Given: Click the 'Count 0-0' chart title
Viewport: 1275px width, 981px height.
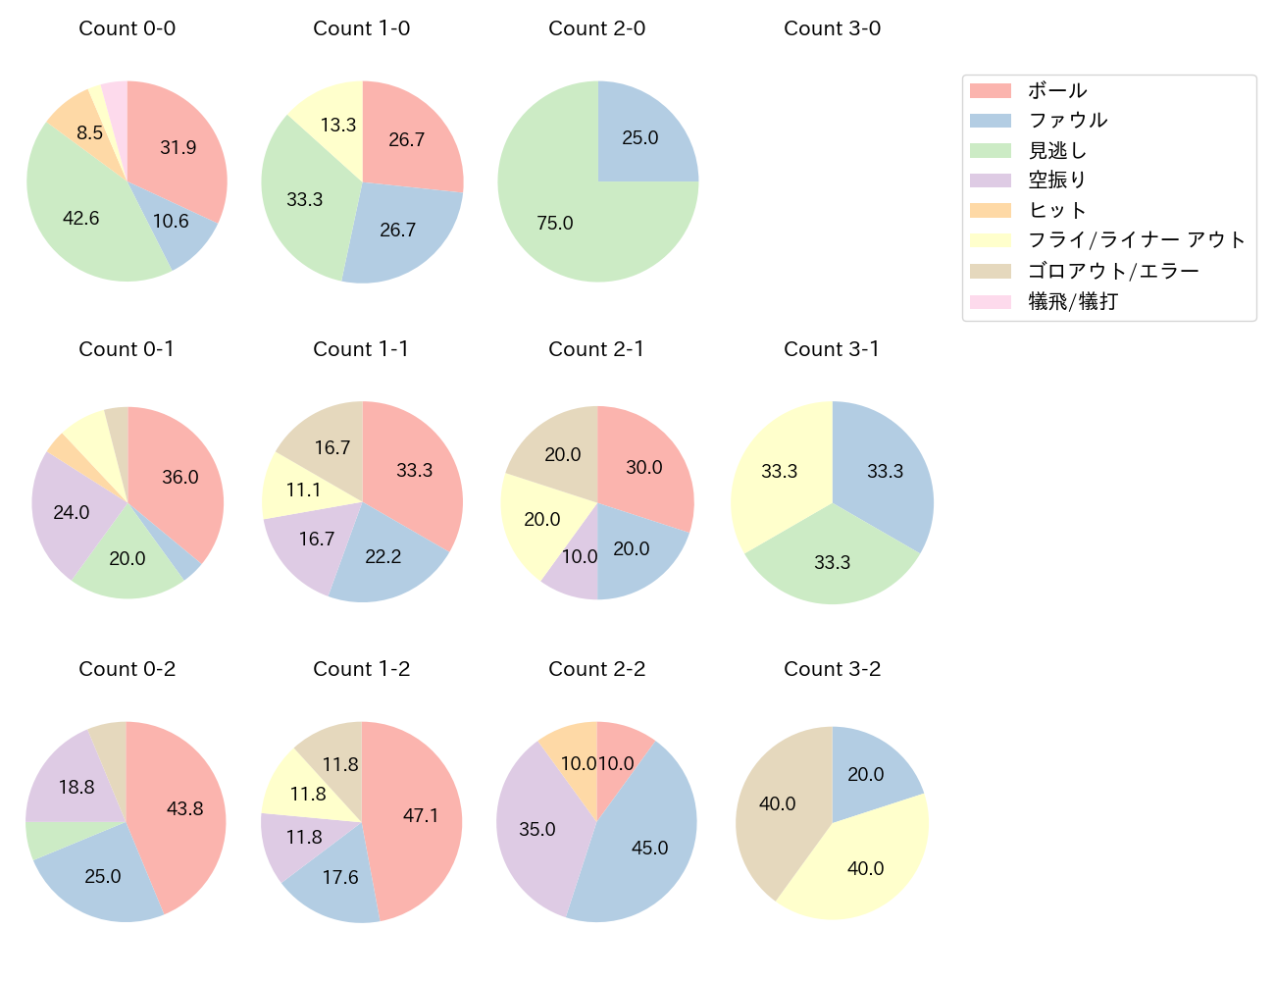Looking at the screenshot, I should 127,28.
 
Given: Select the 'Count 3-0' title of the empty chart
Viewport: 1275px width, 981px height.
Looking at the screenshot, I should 832,28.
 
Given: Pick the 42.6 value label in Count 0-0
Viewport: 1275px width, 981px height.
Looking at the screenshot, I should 80,218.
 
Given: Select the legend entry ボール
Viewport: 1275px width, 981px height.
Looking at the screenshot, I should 1056,90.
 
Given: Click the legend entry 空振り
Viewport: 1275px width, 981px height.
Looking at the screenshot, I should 1056,180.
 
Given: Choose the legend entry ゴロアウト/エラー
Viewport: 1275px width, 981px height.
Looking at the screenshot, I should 1112,271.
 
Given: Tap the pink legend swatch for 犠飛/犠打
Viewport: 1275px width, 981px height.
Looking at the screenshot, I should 990,301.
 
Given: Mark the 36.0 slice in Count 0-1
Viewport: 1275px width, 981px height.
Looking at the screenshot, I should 179,477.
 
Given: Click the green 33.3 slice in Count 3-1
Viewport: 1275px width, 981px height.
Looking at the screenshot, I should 832,562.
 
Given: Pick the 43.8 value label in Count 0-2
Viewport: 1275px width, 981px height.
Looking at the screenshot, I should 184,808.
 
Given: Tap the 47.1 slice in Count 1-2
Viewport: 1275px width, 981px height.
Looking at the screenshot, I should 420,815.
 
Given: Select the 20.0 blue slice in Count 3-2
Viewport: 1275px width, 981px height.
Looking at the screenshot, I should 865,774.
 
